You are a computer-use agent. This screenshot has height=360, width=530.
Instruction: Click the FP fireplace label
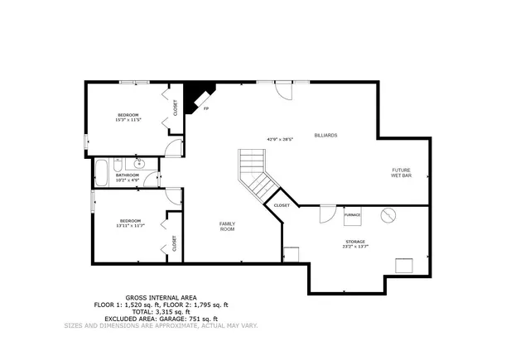pyautogui.click(x=206, y=108)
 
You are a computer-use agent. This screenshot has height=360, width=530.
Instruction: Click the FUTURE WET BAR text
pyautogui.click(x=402, y=173)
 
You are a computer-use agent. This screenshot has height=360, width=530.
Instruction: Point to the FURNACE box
pyautogui.click(x=353, y=215)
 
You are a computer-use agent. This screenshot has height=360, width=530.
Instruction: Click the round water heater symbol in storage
pyautogui.click(x=388, y=215)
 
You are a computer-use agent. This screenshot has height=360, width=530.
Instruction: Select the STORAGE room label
pyautogui.click(x=354, y=242)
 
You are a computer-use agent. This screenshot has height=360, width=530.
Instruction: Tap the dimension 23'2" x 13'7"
pyautogui.click(x=354, y=247)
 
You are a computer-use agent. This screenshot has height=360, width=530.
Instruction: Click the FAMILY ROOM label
pyautogui.click(x=227, y=225)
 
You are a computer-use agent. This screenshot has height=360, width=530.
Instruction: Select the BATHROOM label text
pyautogui.click(x=128, y=175)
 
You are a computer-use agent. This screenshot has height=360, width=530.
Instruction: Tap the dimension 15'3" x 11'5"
pyautogui.click(x=128, y=119)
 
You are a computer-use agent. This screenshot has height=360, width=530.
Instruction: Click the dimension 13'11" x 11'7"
pyautogui.click(x=130, y=225)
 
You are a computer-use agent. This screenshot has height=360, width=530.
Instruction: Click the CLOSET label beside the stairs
pyautogui.click(x=282, y=205)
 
